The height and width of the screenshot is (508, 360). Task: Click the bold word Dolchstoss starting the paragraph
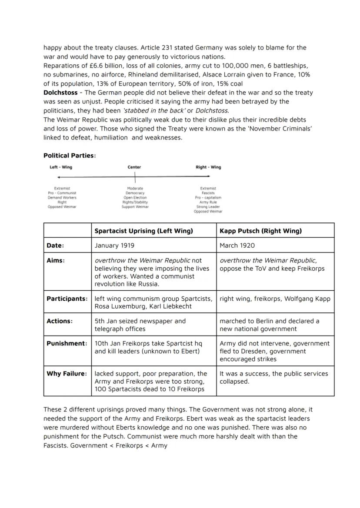[60, 93]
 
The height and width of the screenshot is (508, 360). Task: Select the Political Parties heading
[69, 156]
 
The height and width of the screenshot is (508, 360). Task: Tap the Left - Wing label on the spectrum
[60, 167]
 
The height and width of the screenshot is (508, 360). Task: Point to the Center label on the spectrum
[134, 167]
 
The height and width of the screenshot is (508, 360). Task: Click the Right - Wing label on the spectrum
[208, 167]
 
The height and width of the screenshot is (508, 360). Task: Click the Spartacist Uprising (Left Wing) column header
[143, 231]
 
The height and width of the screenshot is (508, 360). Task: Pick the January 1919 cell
[114, 246]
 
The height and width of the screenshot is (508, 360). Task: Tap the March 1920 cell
[237, 246]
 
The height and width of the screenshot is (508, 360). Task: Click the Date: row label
[55, 246]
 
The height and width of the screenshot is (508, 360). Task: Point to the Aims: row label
[56, 261]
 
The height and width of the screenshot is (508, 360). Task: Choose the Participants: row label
[67, 299]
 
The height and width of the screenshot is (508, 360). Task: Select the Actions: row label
[60, 321]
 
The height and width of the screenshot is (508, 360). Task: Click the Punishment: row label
[67, 343]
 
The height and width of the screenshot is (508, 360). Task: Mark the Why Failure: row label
[67, 373]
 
